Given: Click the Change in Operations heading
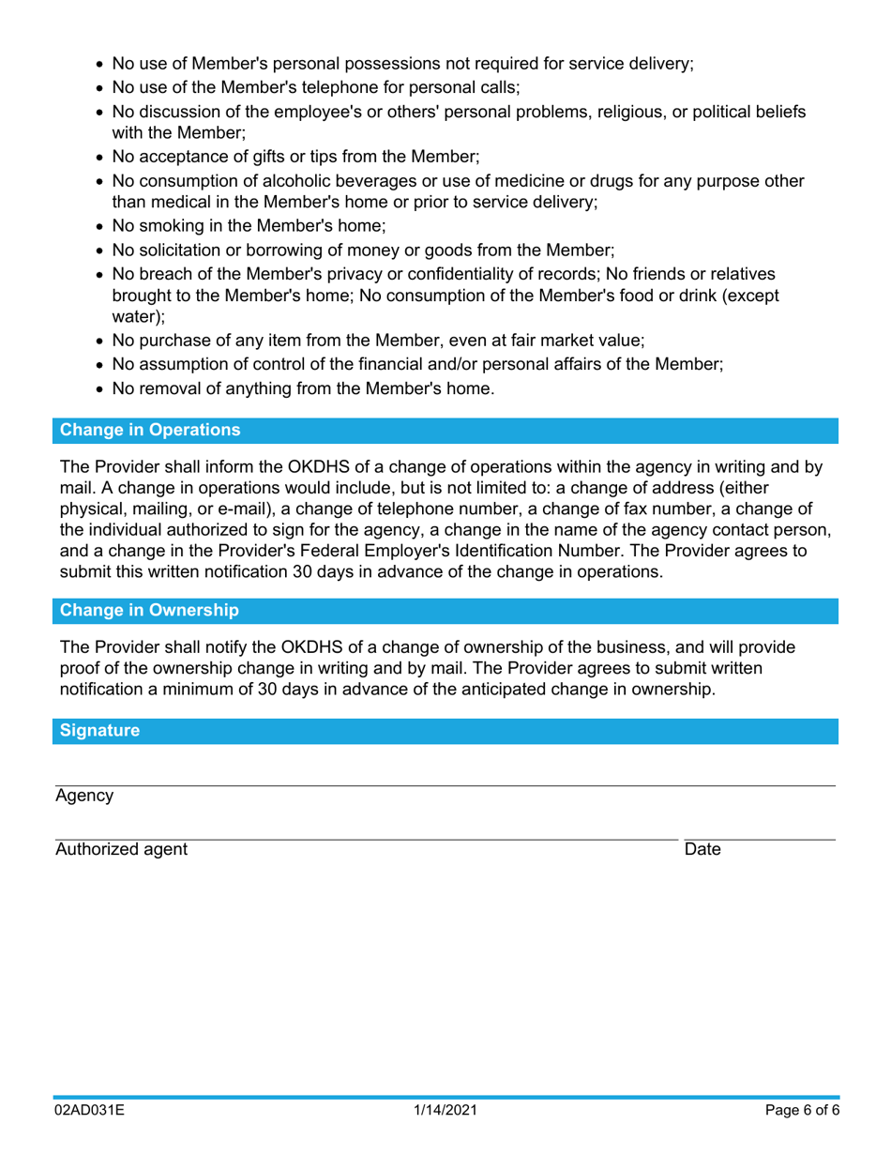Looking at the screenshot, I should coord(150,431).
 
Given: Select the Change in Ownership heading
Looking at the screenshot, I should coord(149,610).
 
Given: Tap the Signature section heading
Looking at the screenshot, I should coord(100,730).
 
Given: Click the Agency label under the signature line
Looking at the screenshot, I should coord(84,796).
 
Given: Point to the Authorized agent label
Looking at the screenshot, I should coord(121,850).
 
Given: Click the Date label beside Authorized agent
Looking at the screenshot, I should coord(702,850).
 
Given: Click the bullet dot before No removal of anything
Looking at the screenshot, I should coord(101,387).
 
